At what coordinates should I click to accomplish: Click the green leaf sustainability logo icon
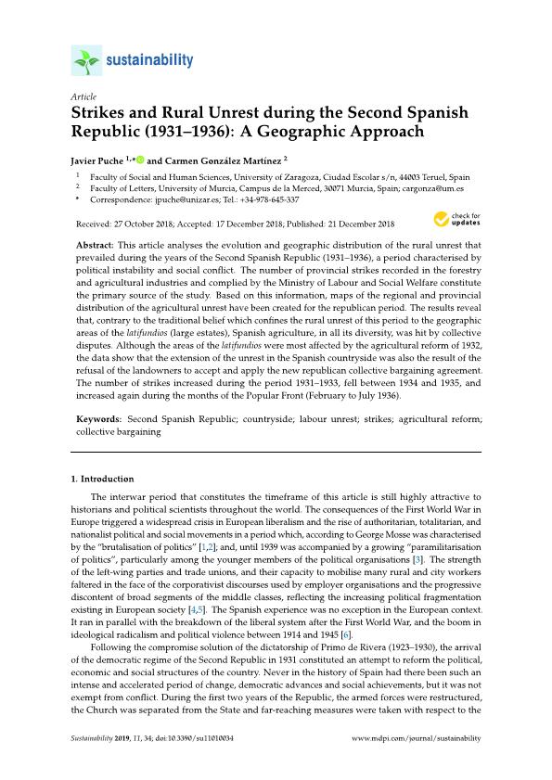click(85, 62)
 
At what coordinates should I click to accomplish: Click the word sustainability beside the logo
click(147, 61)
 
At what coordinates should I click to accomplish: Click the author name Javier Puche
click(99, 160)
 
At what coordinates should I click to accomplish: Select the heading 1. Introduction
click(104, 479)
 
